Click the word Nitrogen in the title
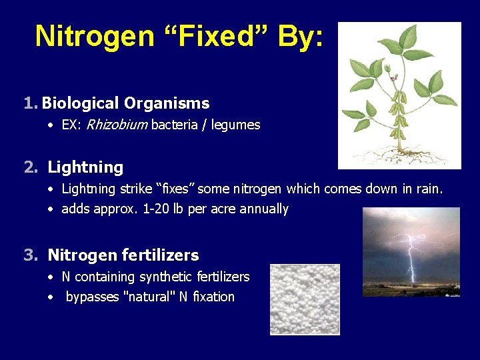tap(95, 36)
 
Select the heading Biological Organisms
tap(125, 103)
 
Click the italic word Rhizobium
tap(117, 125)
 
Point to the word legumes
tap(235, 125)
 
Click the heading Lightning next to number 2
tap(85, 167)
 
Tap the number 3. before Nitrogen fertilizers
tap(31, 255)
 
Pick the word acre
tap(223, 209)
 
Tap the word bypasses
tap(91, 297)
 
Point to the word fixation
tap(213, 297)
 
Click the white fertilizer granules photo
tap(305, 299)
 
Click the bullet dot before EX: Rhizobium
tap(50, 125)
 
